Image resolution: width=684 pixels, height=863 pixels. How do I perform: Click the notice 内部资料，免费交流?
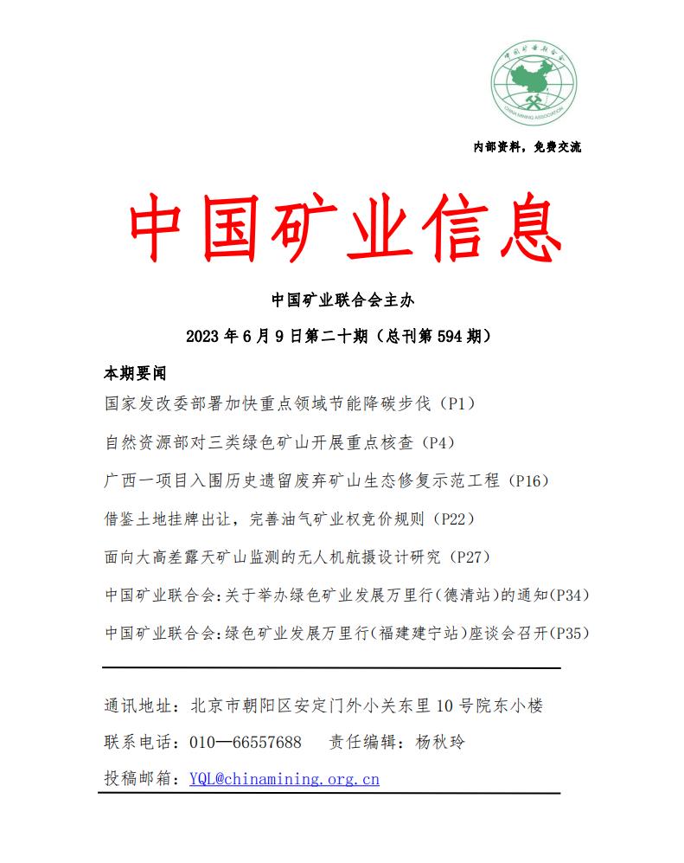527,147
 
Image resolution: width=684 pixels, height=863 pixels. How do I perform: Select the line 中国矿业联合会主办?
343,300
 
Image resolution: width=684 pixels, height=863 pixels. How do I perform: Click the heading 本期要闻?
134,374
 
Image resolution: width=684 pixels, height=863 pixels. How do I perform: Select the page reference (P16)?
527,480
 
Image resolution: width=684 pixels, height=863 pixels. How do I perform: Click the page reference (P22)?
453,519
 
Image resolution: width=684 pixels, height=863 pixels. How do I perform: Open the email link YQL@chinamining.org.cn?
284,779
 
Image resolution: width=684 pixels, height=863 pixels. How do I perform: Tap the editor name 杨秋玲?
439,743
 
